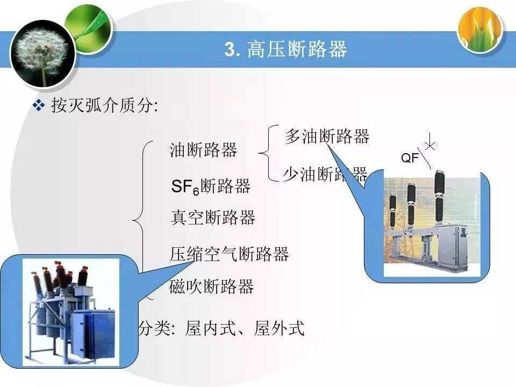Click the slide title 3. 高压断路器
click(285, 49)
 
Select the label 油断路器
click(203, 150)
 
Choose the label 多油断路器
click(327, 137)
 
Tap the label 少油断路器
click(325, 174)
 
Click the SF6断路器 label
click(211, 187)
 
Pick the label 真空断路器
click(212, 218)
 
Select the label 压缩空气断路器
click(230, 254)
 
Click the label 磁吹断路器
click(211, 286)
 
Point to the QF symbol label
click(410, 158)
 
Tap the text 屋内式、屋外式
click(245, 328)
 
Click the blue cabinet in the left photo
click(92, 333)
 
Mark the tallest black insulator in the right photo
click(439, 192)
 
